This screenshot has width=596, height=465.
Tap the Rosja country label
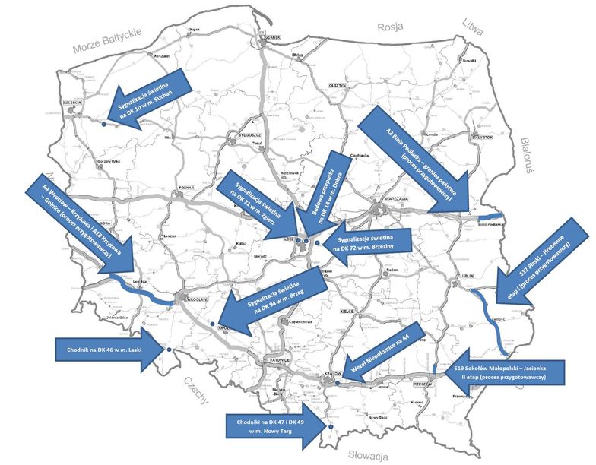390,27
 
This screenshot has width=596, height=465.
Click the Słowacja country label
368,456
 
